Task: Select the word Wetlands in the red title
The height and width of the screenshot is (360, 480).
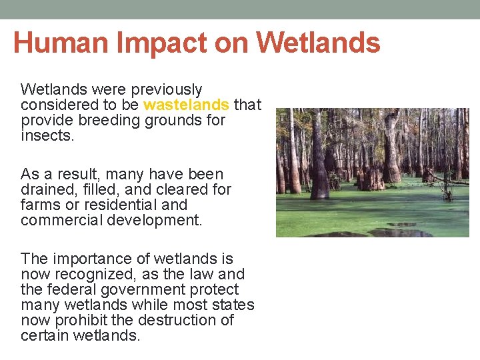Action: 318,43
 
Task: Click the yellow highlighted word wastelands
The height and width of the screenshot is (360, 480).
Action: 186,105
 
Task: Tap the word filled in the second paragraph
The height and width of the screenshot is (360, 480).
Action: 95,189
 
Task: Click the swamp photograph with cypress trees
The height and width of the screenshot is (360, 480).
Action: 372,173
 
